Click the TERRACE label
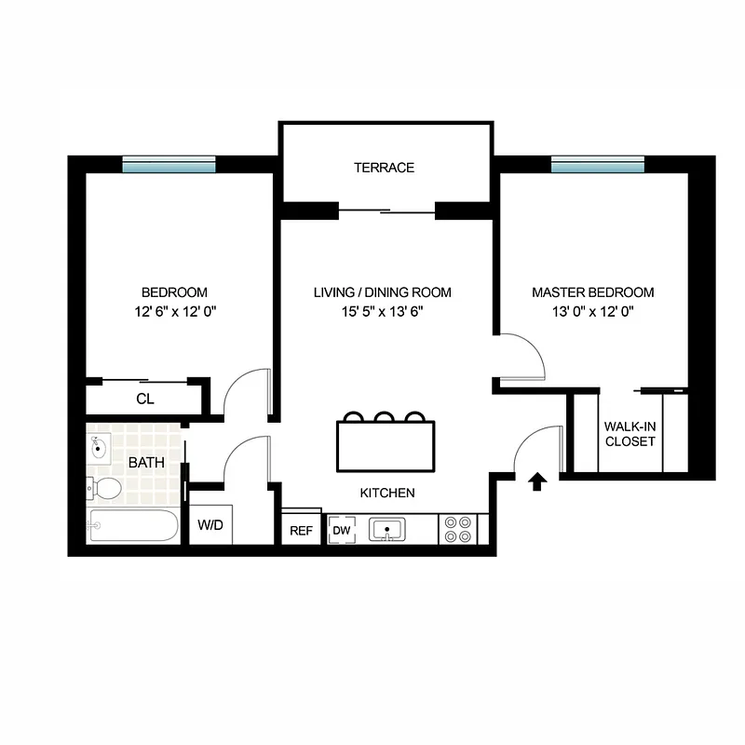tap(384, 168)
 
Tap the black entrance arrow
tap(536, 481)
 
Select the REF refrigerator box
tap(301, 530)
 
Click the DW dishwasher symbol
tap(341, 530)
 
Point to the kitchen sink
tap(385, 530)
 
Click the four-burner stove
tap(456, 529)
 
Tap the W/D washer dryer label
tap(210, 525)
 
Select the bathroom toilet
tap(103, 487)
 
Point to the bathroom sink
tap(99, 447)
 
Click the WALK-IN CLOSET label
tap(630, 434)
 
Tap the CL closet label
tap(144, 399)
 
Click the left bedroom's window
tap(169, 164)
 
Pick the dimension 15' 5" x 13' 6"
tap(383, 313)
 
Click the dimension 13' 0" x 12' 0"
tap(593, 313)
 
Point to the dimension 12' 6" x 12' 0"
tap(174, 313)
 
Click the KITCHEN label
tap(387, 493)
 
